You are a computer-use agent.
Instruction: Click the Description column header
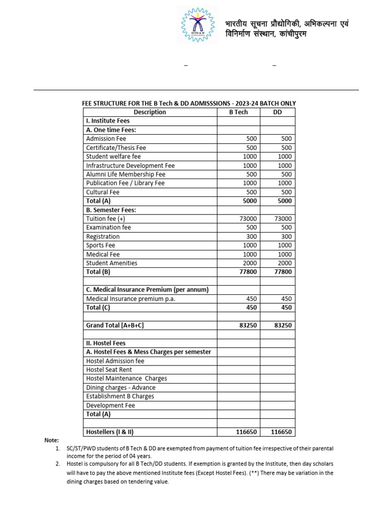[150, 112]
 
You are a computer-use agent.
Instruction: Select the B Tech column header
[238, 112]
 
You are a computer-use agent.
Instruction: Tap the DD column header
[278, 112]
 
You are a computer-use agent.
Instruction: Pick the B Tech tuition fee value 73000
[248, 218]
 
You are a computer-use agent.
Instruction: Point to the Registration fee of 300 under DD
[284, 236]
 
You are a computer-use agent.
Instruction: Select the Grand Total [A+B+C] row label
[115, 325]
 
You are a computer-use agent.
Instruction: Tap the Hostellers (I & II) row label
[110, 432]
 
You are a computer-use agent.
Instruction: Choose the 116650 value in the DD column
[281, 432]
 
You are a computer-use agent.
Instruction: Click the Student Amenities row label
[112, 263]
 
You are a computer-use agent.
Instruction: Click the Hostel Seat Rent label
[109, 369]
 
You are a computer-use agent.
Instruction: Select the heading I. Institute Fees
[108, 121]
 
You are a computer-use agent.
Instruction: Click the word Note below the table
[51, 440]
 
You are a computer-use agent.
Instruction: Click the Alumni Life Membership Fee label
[126, 174]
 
